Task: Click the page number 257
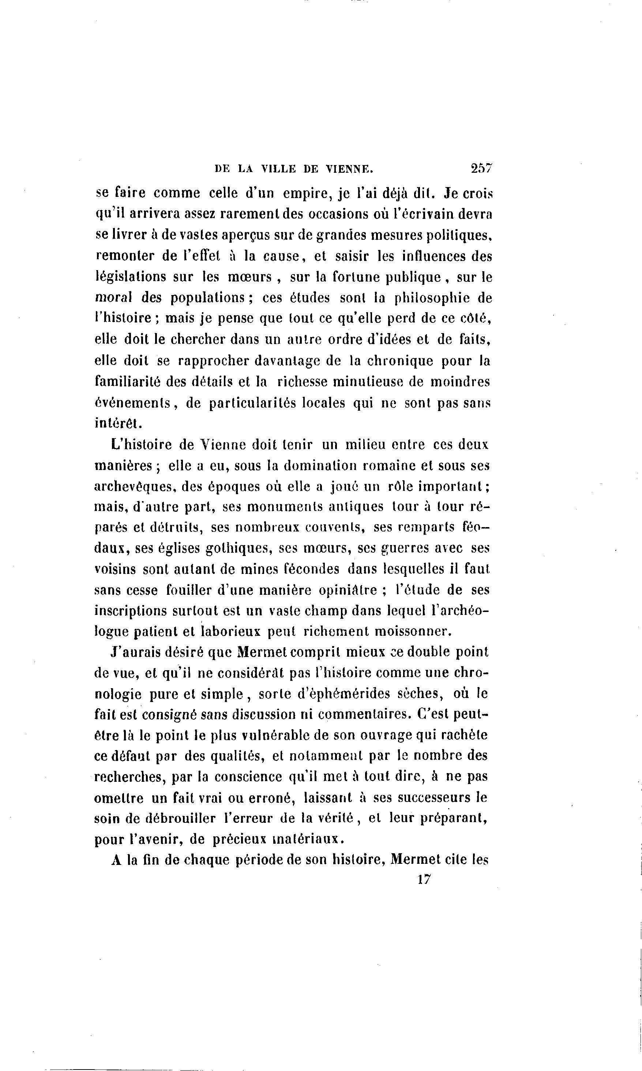481,169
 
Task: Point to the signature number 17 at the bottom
424,879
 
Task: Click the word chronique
400,361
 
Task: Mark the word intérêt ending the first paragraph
116,423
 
